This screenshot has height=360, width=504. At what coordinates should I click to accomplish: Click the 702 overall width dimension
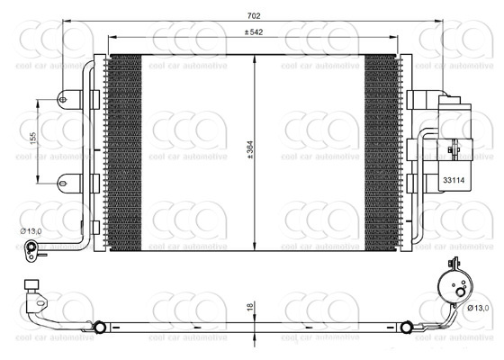(x=254, y=15)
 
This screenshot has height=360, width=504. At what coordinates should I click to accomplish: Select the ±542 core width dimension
(x=254, y=32)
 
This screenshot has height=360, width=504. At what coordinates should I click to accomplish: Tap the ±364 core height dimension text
(x=250, y=149)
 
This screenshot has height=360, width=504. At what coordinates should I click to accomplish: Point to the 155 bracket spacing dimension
(x=33, y=138)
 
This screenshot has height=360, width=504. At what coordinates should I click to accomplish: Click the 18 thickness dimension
(x=250, y=307)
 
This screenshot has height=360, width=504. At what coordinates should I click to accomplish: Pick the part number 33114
(x=454, y=180)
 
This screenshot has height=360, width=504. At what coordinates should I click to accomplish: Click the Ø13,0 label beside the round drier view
(x=478, y=308)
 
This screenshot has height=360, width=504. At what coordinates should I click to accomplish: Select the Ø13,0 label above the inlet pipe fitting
(x=31, y=230)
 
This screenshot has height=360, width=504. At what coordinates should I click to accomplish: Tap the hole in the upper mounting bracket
(x=63, y=99)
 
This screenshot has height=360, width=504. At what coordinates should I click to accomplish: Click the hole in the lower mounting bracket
(x=63, y=184)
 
